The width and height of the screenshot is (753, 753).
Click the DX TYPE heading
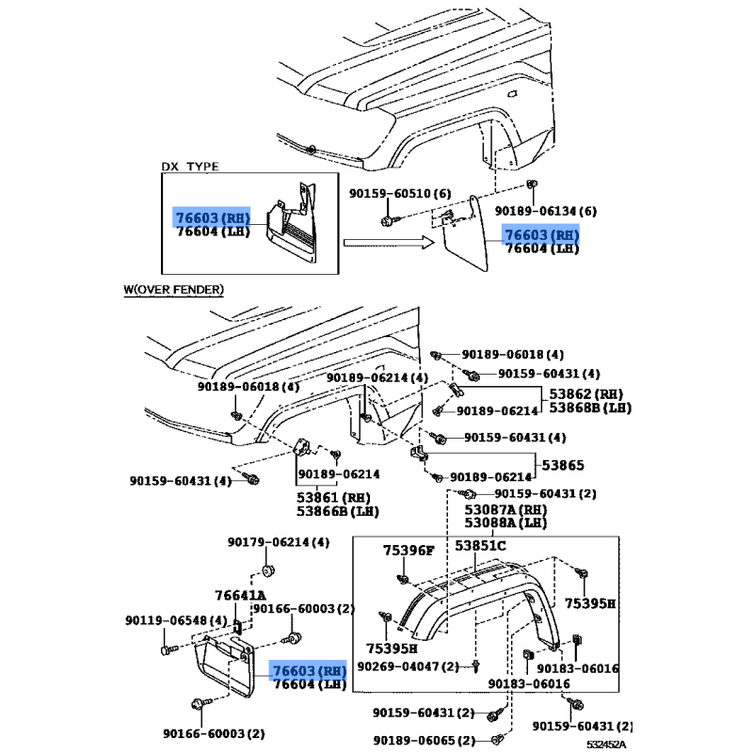click(x=190, y=167)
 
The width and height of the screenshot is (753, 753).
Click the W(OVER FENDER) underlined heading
click(x=173, y=290)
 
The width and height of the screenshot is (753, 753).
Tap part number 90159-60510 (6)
click(x=400, y=194)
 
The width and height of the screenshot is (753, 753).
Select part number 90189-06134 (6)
click(x=546, y=211)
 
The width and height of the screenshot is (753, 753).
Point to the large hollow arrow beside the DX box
click(x=389, y=243)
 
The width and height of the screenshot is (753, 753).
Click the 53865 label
click(x=563, y=465)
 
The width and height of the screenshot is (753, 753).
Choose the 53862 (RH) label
click(x=585, y=394)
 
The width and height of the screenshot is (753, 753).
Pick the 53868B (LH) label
click(x=590, y=408)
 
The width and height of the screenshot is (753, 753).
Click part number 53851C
click(x=480, y=546)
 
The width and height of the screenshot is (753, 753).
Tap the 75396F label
click(x=409, y=551)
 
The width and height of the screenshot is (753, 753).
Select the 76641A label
click(x=240, y=596)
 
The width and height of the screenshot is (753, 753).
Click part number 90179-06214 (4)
click(x=279, y=542)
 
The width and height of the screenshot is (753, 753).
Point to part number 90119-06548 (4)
click(x=176, y=620)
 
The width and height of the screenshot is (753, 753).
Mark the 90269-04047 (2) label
click(x=409, y=666)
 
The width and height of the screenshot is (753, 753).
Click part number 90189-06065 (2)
click(x=425, y=741)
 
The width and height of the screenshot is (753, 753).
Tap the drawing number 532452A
click(x=606, y=745)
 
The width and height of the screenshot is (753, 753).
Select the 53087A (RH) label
click(x=505, y=509)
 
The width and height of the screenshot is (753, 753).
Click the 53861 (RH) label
click(x=333, y=498)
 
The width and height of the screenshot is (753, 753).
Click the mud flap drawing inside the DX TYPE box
click(x=292, y=224)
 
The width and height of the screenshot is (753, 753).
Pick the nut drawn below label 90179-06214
click(x=267, y=571)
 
